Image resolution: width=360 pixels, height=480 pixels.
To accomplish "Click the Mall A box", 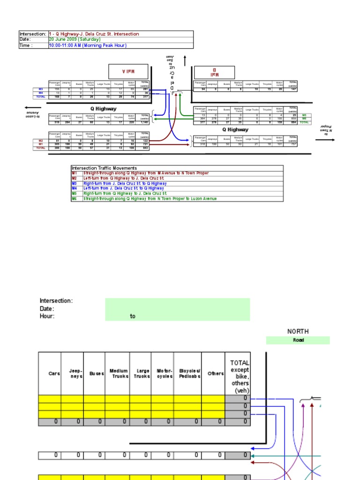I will [x=128, y=72].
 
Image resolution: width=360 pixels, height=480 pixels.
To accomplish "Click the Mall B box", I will [x=214, y=72].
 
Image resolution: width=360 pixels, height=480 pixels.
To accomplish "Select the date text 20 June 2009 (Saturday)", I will [x=75, y=40].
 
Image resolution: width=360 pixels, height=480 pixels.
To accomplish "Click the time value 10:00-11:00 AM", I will [x=82, y=46].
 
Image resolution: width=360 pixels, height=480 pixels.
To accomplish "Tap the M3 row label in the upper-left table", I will [x=40, y=89].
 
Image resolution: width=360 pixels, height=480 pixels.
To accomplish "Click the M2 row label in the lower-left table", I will [x=40, y=141].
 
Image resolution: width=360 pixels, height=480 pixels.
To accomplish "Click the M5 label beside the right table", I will [x=304, y=115].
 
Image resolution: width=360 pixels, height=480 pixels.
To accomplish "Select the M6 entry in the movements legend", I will [x=75, y=199].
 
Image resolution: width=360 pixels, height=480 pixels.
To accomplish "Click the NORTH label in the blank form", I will [x=298, y=331].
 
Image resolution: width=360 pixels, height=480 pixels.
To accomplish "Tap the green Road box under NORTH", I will [x=298, y=340].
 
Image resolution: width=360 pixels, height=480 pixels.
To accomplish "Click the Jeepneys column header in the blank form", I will [x=72, y=373].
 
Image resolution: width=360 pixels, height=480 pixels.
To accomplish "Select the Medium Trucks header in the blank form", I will [x=119, y=373].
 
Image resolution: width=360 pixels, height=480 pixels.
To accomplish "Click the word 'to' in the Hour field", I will [x=133, y=316].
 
